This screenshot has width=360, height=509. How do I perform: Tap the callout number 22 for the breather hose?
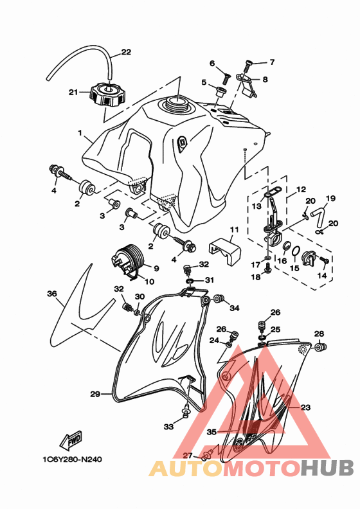[x=126, y=52]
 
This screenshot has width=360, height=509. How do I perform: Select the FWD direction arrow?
[x=71, y=440]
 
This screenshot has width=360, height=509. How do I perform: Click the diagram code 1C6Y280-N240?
[x=72, y=460]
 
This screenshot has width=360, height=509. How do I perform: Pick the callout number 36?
[x=52, y=294]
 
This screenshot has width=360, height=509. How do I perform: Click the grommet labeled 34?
[x=218, y=299]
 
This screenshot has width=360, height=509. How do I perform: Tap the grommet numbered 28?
[x=321, y=347]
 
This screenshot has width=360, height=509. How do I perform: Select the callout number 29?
[x=94, y=394]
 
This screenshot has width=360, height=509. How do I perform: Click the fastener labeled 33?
[x=186, y=410]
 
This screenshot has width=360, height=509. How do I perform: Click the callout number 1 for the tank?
[x=80, y=133]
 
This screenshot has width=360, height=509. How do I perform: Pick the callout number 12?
[x=301, y=189]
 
